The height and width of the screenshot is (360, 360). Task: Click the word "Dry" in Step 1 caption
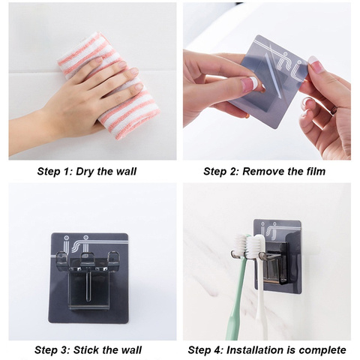click(85, 172)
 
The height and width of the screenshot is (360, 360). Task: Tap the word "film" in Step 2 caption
click(316, 172)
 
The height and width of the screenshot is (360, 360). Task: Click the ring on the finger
click(334, 110)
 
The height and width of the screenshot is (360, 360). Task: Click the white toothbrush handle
click(261, 300)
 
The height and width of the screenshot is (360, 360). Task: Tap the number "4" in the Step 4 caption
click(217, 350)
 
